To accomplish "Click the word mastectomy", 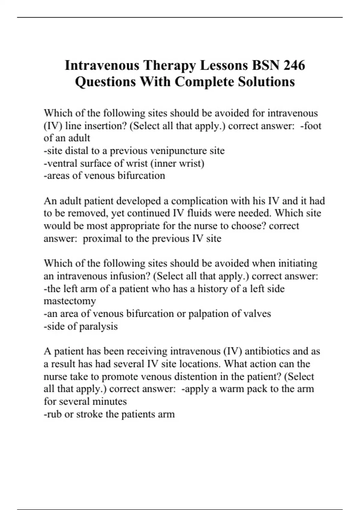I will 70,301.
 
